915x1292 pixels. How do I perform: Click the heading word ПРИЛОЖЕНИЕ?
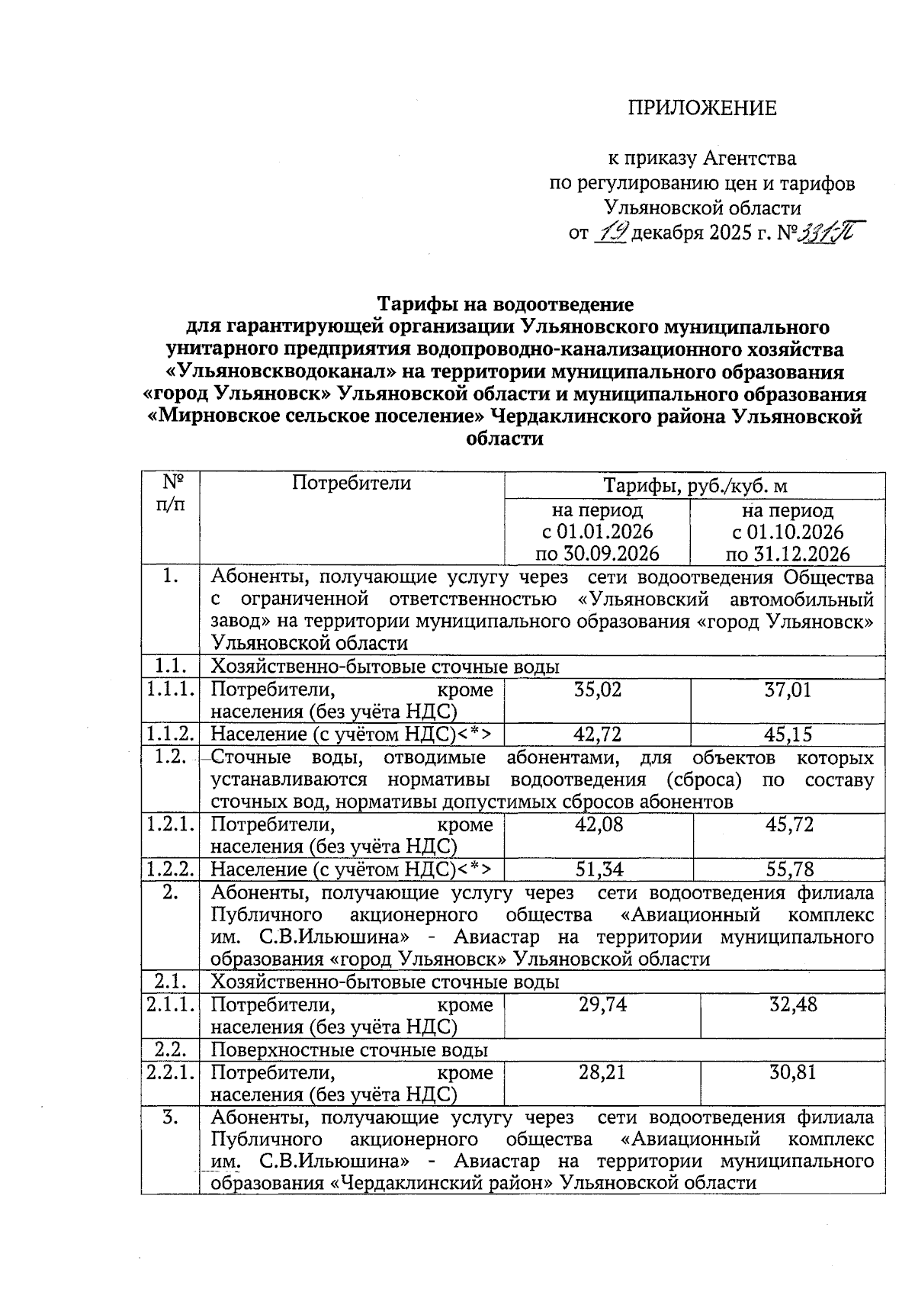701,108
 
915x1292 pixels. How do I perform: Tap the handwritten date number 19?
610,231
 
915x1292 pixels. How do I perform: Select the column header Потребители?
352,483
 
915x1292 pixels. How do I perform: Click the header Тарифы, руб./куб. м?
695,486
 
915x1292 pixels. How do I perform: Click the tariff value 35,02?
597,690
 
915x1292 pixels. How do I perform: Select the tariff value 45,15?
788,734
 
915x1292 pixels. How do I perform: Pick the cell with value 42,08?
599,824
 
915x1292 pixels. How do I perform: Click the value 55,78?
789,869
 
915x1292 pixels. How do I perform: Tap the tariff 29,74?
602,1004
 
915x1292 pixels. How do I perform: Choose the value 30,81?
792,1072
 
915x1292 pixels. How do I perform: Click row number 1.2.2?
170,869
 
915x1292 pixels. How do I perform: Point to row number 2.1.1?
170,1004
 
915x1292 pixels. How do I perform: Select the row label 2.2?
170,1050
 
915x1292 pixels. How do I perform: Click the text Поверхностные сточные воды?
348,1050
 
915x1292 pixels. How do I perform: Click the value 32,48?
793,1004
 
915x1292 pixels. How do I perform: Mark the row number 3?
170,1118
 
